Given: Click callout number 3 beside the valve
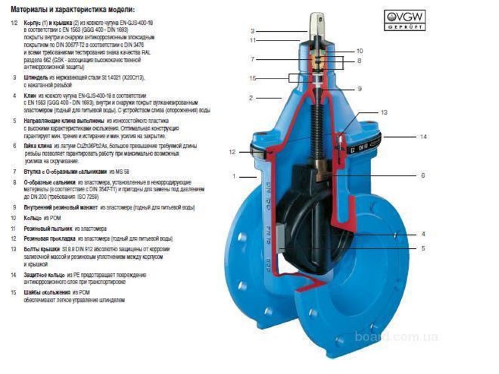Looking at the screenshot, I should coord(253,31).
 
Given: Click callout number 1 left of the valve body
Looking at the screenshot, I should coord(234,176).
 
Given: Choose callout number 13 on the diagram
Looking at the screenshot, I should coord(384,112).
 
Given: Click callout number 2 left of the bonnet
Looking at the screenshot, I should coord(250,98).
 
